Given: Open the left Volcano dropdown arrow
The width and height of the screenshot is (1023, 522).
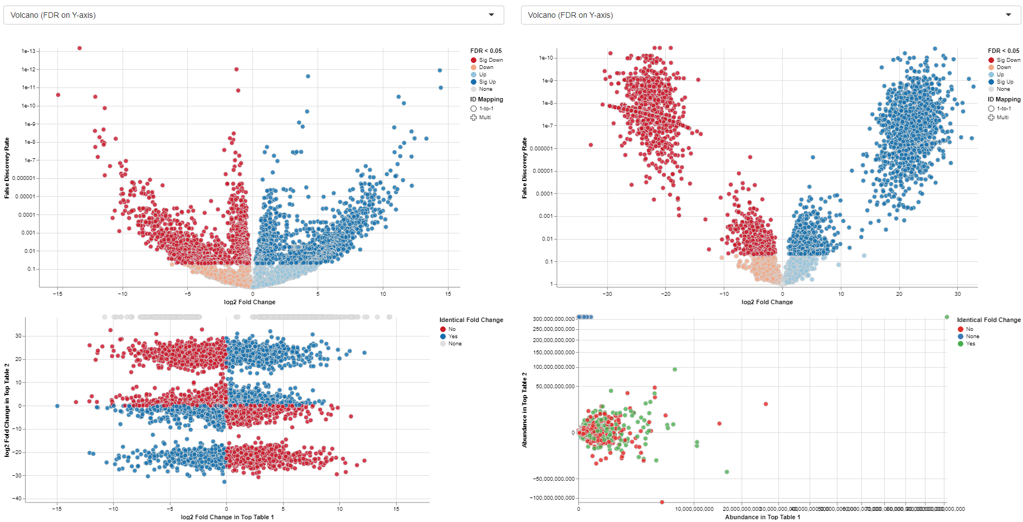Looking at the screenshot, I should [x=491, y=15].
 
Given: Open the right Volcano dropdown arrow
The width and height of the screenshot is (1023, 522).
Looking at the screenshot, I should [x=1009, y=15].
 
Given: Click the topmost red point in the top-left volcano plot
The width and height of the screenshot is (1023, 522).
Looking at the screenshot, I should [x=79, y=48].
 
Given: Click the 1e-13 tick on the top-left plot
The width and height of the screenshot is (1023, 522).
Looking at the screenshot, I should [x=28, y=51].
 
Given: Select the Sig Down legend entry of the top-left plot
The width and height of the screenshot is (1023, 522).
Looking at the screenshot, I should [x=490, y=60].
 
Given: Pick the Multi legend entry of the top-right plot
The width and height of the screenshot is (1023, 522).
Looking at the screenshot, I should [x=1002, y=118].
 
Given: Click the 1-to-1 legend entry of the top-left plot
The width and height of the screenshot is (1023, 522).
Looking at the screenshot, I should [x=486, y=109].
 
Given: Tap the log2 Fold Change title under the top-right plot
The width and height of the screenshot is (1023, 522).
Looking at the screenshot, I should [x=767, y=302].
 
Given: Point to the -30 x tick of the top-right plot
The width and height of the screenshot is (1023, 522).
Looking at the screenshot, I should [x=607, y=294].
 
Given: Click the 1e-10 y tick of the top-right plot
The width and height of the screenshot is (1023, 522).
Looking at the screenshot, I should [x=545, y=58].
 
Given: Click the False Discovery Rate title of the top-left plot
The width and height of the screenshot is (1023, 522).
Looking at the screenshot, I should [x=7, y=168].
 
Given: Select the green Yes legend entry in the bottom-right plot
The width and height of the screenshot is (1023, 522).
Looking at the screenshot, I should [x=971, y=344].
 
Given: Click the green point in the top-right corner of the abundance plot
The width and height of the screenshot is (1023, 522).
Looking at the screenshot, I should [x=947, y=318].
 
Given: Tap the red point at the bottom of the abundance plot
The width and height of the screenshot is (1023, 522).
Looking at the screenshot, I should [x=662, y=502].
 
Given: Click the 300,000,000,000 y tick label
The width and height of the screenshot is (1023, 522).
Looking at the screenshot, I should [x=553, y=319].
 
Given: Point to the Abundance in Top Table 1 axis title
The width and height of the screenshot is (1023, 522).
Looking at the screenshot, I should [x=762, y=517].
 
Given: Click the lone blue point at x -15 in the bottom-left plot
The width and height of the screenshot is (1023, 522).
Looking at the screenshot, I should [x=57, y=406].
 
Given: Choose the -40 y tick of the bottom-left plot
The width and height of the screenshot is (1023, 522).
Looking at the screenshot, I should [x=18, y=499].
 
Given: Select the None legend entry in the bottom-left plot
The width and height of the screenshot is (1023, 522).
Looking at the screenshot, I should [x=455, y=344].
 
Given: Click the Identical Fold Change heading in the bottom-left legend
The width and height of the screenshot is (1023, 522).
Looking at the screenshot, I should [x=471, y=320].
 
